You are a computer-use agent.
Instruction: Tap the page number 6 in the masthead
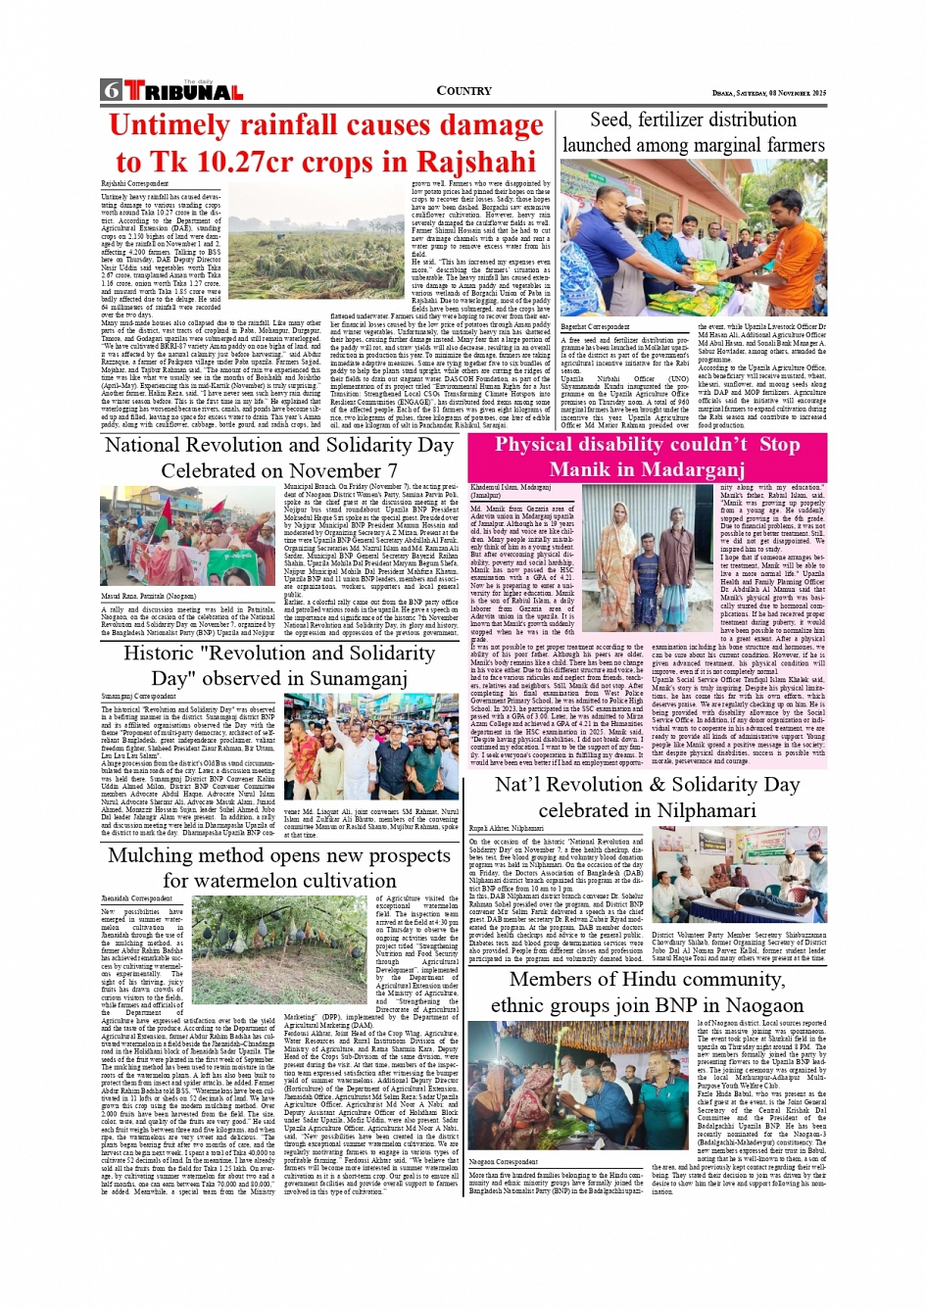click(x=111, y=91)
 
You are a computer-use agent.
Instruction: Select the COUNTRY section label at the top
click(x=463, y=91)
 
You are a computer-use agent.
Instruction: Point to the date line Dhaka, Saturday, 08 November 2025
click(x=769, y=93)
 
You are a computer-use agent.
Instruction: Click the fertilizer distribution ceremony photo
click(x=694, y=238)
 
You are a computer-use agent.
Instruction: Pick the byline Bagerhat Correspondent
click(x=595, y=327)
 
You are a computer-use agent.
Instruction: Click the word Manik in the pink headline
click(x=582, y=469)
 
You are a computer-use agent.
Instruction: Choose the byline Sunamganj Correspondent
click(x=139, y=697)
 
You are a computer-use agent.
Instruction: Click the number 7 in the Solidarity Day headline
click(x=392, y=471)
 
